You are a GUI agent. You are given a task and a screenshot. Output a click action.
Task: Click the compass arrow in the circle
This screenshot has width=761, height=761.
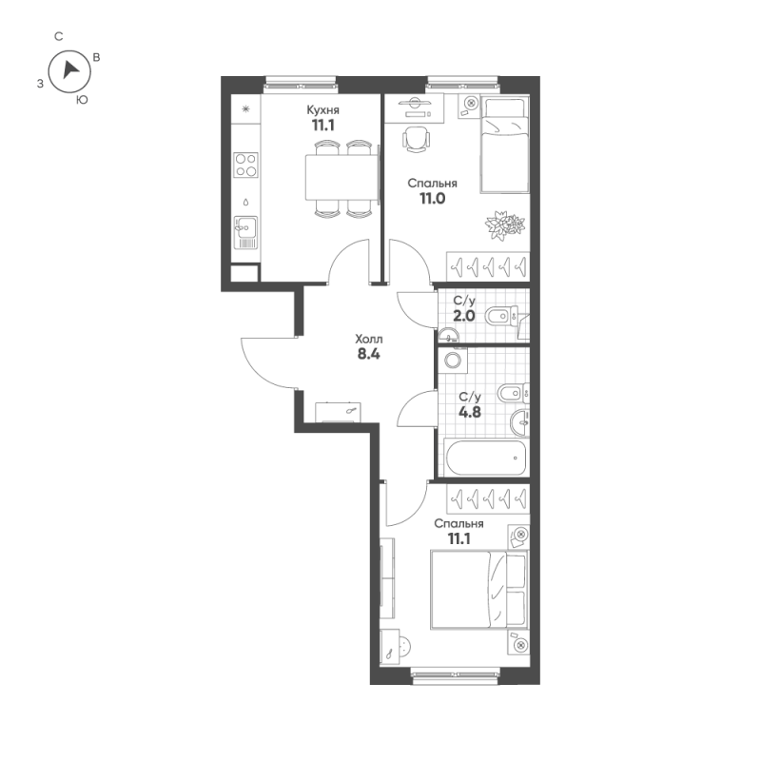(x=70, y=69)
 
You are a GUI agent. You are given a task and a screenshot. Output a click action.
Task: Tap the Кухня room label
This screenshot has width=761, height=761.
(x=322, y=109)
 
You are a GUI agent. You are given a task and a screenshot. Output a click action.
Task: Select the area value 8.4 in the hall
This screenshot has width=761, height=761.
(x=368, y=354)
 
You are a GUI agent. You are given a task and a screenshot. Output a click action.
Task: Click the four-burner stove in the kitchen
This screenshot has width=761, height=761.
(x=245, y=165)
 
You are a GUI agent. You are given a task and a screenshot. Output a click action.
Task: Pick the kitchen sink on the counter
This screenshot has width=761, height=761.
(x=245, y=232)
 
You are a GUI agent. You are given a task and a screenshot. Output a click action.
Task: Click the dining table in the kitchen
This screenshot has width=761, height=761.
(x=341, y=177)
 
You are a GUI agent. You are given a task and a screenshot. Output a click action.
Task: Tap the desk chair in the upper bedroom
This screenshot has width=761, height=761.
(x=416, y=139)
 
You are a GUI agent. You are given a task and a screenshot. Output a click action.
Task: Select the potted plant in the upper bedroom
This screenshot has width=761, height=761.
(x=505, y=225)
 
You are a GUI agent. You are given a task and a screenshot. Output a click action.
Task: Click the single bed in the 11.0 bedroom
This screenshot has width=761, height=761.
(x=504, y=146)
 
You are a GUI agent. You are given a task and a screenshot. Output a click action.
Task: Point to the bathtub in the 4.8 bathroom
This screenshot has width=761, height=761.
(x=486, y=458)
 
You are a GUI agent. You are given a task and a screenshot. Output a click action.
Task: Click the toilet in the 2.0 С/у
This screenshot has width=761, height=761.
(x=502, y=317)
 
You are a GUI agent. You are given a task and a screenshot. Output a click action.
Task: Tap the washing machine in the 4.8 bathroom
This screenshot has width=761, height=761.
(x=454, y=361)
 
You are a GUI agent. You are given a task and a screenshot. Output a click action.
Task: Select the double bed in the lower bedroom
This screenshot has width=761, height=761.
(x=478, y=590)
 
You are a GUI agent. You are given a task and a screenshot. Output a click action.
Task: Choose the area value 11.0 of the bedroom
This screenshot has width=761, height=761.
(x=433, y=199)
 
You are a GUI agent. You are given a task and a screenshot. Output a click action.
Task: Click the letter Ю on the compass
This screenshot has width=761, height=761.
(x=83, y=100)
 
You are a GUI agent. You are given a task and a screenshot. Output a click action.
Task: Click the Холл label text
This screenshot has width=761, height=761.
(x=369, y=339)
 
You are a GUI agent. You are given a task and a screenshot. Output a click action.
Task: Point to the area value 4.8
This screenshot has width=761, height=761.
(x=470, y=412)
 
